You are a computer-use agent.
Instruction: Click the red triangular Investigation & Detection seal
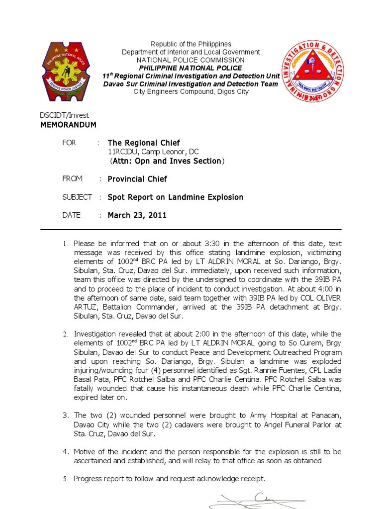[312, 71]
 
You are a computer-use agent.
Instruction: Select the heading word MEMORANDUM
[68, 125]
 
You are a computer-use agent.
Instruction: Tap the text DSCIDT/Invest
[64, 115]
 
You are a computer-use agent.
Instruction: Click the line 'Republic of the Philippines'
[191, 44]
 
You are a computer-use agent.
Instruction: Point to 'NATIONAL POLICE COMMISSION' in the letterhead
[191, 60]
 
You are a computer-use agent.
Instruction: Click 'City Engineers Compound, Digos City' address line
[191, 92]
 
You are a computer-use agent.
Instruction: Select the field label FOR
[69, 143]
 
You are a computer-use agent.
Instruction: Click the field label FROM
[72, 178]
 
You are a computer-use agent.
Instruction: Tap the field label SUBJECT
[77, 197]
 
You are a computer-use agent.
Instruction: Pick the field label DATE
[71, 215]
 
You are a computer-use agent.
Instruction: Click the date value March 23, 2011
[137, 215]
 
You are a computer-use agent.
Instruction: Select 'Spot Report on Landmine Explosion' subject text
[176, 197]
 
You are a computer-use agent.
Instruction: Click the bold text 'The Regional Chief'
[144, 143]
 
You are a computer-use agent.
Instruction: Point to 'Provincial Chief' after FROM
[137, 179]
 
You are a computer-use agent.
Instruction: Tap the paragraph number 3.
[65, 415]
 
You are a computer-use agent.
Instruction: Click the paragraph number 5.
[65, 479]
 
